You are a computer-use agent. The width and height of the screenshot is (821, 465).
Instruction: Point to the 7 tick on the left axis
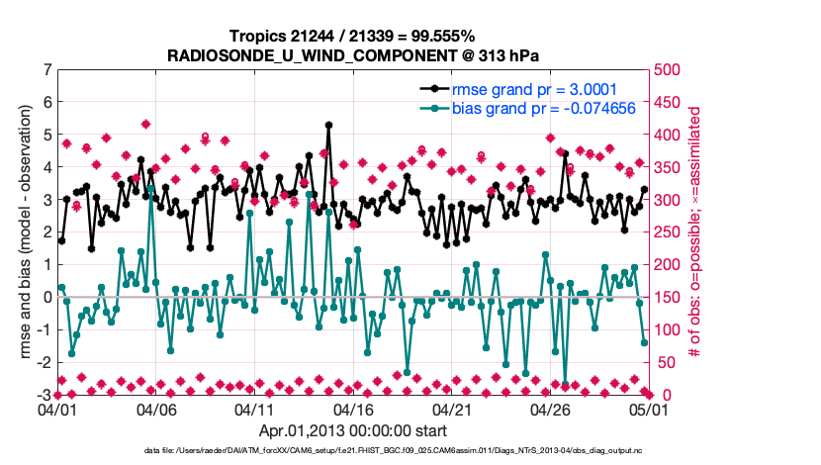pyautogui.click(x=46, y=70)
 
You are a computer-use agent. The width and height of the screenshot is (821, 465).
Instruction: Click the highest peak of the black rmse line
pyautogui.click(x=327, y=126)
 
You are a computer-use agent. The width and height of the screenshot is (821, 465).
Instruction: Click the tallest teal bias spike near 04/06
pyautogui.click(x=151, y=184)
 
